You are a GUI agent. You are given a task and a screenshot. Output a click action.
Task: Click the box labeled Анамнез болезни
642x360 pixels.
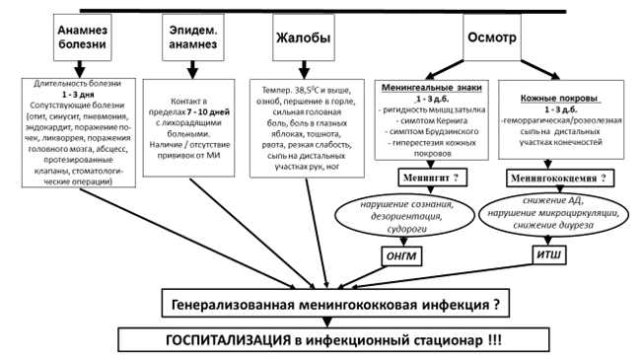82,37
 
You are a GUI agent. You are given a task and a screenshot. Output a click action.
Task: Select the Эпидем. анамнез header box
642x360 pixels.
193,37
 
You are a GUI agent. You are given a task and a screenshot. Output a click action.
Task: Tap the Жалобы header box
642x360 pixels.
304,37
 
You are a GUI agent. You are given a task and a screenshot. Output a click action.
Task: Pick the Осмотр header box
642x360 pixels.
492,37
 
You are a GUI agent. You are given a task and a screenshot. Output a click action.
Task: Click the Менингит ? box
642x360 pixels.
432,178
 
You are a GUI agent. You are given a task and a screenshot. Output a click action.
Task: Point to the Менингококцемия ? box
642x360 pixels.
560,179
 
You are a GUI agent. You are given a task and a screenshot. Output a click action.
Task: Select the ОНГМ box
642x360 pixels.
401,256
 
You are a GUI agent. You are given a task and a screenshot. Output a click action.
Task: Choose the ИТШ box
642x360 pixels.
549,255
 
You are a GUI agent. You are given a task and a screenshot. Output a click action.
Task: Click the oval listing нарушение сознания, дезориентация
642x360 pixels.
405,216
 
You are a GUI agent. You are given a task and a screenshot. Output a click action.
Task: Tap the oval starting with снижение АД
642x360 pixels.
553,213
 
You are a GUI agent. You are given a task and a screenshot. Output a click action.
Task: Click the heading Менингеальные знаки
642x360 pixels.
432,88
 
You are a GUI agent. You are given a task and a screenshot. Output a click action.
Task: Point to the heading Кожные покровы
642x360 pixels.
560,99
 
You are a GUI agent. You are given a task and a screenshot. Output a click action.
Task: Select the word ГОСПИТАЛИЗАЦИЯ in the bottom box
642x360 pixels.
228,340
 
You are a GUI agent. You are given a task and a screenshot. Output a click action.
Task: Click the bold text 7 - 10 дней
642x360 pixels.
208,111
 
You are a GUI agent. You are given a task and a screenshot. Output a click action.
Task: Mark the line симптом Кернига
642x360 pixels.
432,120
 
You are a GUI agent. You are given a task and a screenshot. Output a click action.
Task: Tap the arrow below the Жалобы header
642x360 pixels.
304,70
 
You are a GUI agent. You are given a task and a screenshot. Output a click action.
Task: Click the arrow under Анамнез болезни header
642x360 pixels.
80,70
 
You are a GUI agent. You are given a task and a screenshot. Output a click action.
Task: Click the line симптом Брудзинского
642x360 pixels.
432,132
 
